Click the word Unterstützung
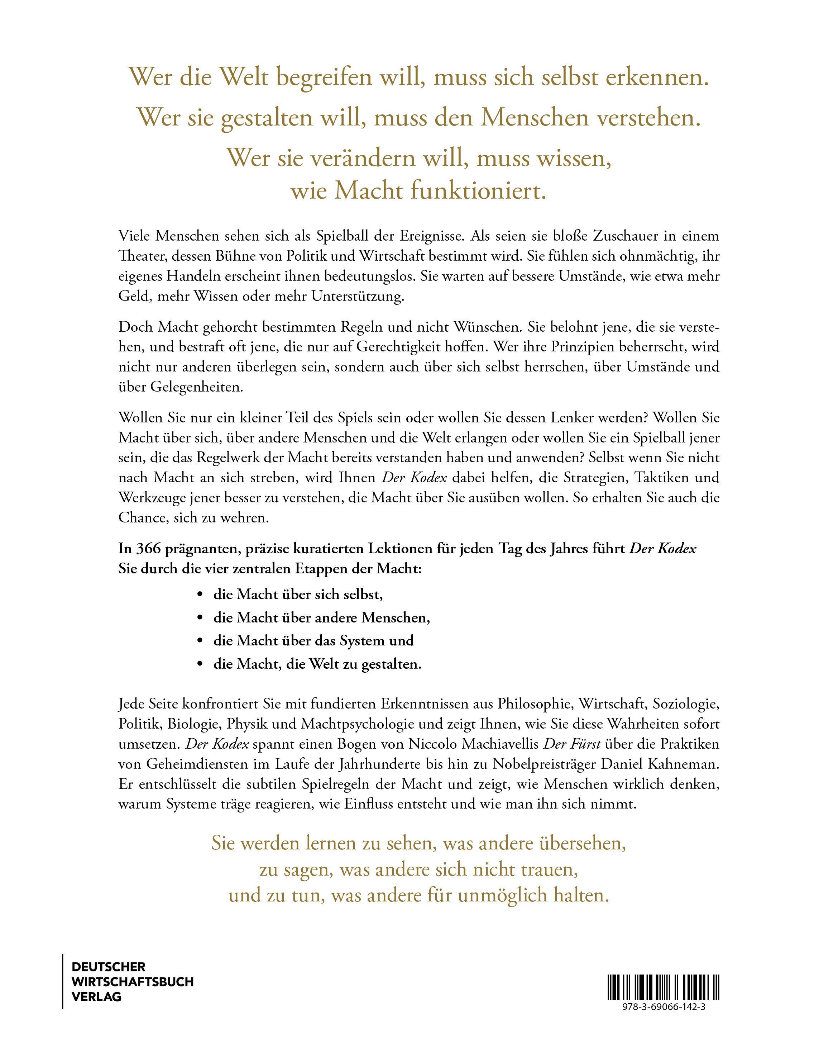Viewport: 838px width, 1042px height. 358,296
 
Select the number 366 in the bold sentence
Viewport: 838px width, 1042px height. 148,549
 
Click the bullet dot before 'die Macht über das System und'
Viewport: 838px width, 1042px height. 200,641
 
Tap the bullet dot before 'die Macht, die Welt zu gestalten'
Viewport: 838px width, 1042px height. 200,664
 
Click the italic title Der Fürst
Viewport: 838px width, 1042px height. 572,744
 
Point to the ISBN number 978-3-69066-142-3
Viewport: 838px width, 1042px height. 664,1007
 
